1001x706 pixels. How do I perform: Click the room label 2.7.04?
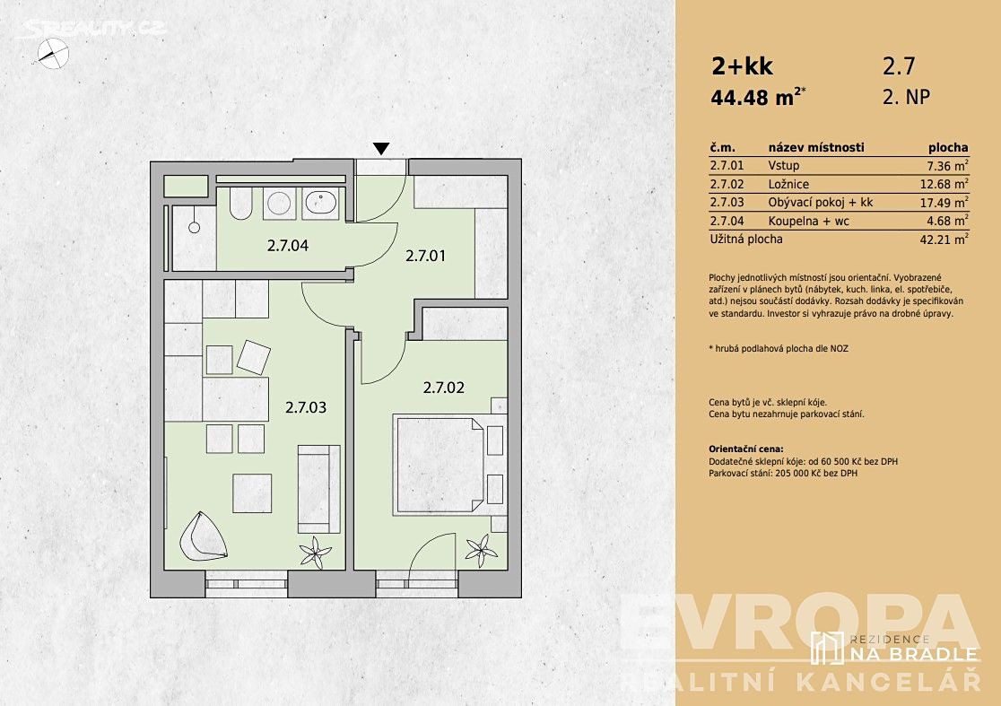pos(287,246)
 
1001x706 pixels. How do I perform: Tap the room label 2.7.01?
pos(426,256)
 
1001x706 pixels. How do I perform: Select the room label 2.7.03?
pos(306,407)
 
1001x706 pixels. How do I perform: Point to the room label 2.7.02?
pos(444,388)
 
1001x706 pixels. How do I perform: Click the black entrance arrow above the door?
pos(381,149)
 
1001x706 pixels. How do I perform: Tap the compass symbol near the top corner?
pos(52,54)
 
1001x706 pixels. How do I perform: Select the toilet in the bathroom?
pos(240,203)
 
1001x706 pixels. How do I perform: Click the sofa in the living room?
pos(318,489)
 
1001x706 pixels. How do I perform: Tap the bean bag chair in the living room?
pos(203,536)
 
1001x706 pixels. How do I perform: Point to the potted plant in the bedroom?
pos(481,550)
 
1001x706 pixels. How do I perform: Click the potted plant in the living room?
pos(316,553)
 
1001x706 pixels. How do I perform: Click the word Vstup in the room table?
pos(784,166)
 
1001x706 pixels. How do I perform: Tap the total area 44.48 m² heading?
pos(758,97)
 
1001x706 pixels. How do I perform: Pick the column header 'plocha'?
pos(948,147)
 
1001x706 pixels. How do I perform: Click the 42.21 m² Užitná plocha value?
pos(944,240)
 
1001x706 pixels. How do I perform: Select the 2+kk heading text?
pos(743,65)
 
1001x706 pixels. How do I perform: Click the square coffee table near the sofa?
pos(252,492)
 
